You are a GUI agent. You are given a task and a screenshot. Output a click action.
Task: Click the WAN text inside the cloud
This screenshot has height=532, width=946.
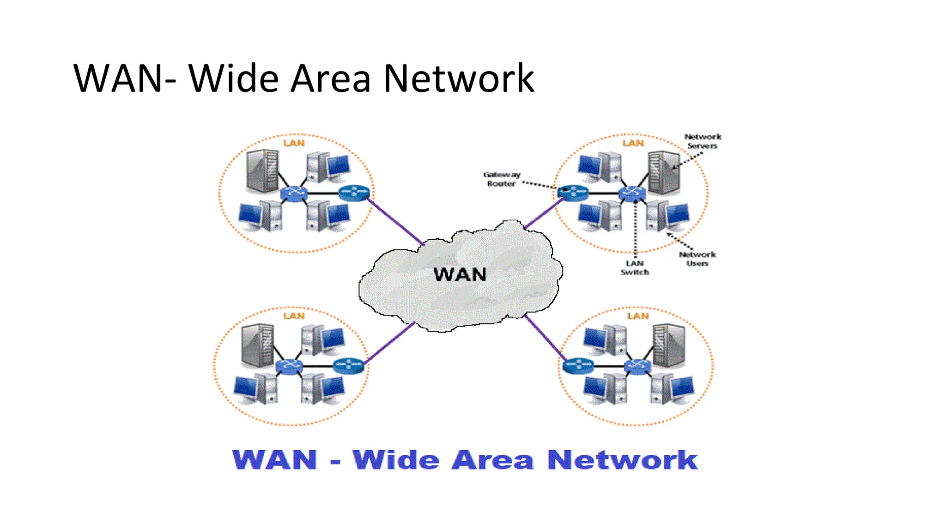[460, 275]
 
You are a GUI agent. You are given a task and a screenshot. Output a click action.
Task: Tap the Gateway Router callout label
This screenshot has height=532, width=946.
[502, 179]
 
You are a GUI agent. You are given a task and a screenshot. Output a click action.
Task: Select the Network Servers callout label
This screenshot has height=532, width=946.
[702, 141]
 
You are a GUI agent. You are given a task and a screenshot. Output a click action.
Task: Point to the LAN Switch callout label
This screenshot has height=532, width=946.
[635, 268]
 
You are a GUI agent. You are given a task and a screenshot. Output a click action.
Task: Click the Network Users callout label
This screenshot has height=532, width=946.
[697, 259]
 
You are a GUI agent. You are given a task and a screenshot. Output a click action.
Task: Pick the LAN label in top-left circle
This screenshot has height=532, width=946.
[294, 143]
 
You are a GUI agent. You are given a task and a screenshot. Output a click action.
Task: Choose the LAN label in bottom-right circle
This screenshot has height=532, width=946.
[638, 316]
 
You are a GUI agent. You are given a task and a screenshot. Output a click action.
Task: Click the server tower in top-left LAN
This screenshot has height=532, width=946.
[262, 171]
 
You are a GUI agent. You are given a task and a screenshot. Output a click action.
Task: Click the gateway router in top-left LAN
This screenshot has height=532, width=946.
[354, 193]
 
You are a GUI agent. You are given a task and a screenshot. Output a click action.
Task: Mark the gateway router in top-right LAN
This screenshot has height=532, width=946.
[573, 193]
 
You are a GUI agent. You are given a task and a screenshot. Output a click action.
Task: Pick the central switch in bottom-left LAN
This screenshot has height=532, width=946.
[289, 367]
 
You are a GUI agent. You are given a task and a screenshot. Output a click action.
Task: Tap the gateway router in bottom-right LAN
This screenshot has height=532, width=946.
[578, 366]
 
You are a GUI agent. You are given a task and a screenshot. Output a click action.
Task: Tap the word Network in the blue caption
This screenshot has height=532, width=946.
[622, 460]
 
